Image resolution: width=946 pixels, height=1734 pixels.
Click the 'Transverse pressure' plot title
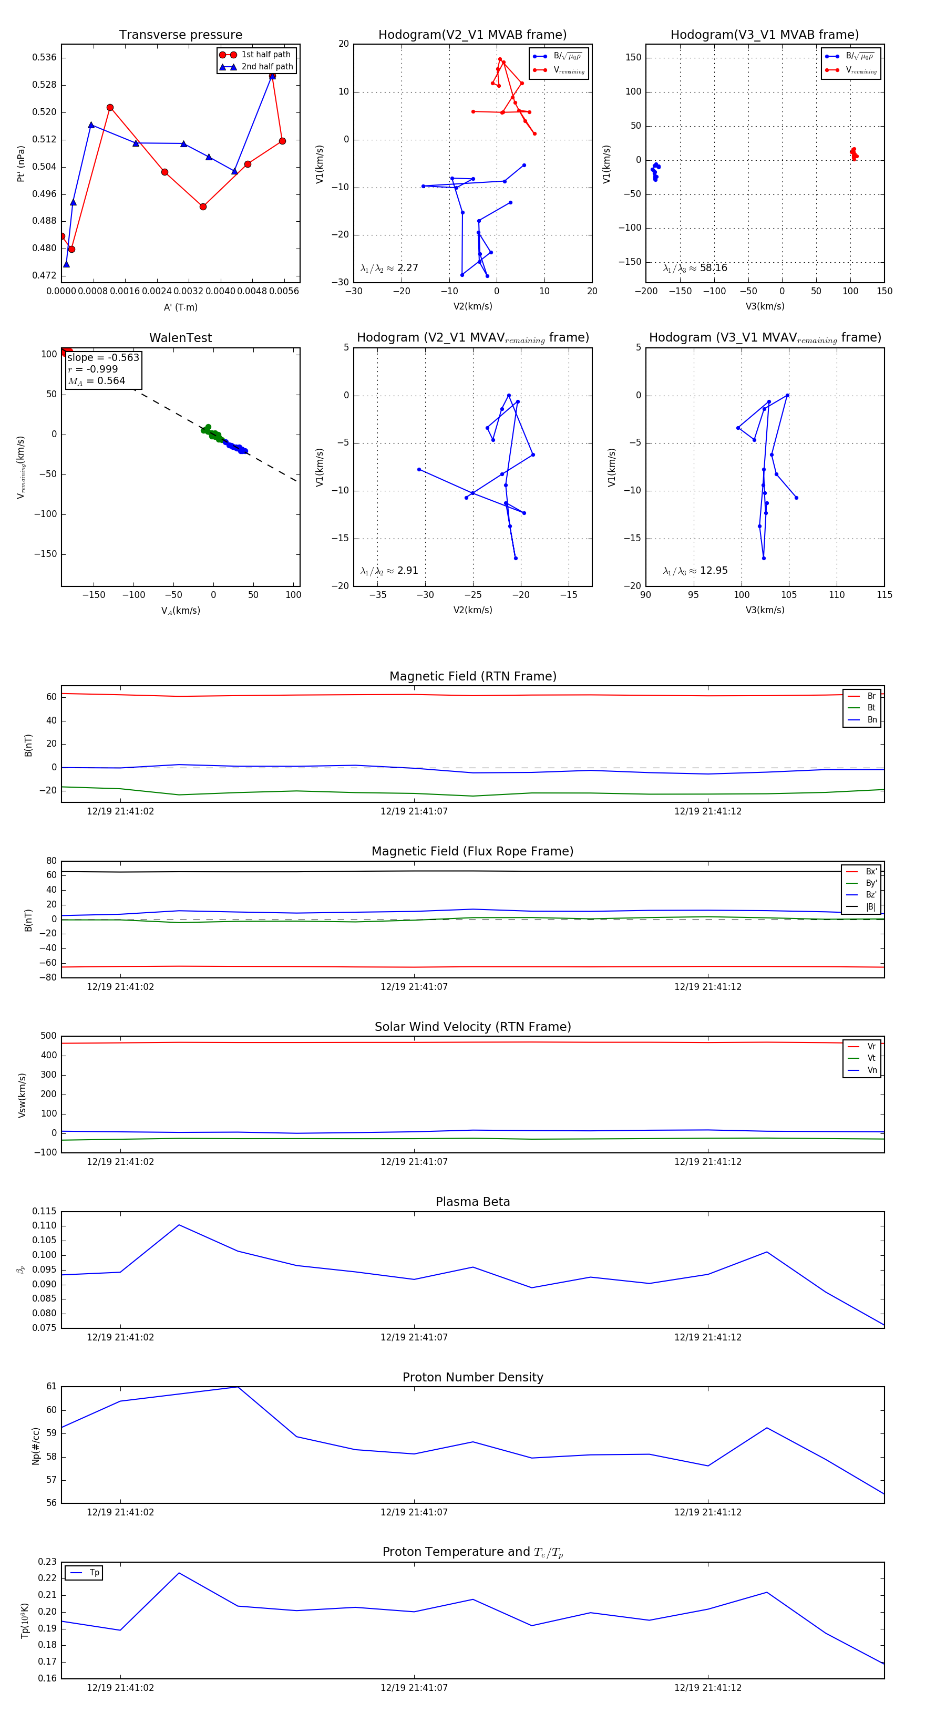[x=180, y=35]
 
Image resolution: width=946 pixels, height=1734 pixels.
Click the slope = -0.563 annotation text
[x=103, y=357]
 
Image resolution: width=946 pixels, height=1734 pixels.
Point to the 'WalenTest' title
[x=180, y=338]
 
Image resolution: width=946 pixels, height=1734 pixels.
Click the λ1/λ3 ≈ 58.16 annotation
[x=695, y=268]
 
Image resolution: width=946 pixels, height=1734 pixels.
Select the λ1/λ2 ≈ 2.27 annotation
[x=389, y=268]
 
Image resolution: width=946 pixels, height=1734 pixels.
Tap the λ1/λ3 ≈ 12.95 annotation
[x=695, y=571]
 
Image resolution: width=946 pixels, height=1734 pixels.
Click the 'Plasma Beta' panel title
[x=472, y=1202]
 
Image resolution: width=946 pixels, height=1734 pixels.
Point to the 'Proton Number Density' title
[x=472, y=1377]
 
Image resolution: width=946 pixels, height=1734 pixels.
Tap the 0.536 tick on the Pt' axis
[x=45, y=57]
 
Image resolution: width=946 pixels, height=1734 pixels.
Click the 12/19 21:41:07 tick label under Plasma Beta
[x=414, y=1337]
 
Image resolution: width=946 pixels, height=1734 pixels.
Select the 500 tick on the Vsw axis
[x=48, y=1036]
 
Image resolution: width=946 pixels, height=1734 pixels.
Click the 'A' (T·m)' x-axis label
[x=180, y=307]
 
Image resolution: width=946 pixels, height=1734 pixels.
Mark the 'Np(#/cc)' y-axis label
[x=36, y=1446]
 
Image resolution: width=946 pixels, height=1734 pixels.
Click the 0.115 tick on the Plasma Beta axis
[x=45, y=1211]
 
